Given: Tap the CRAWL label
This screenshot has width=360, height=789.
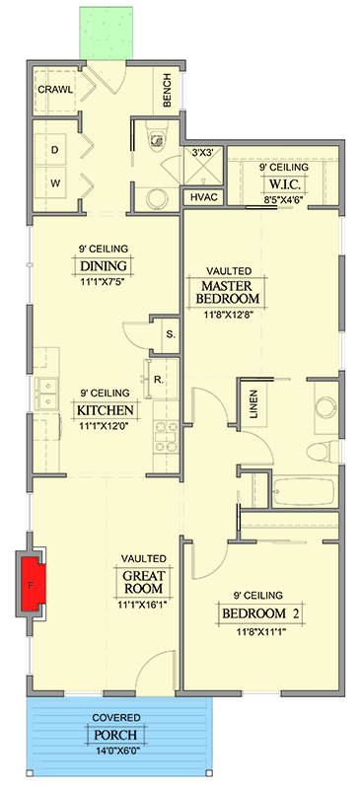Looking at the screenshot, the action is point(55,90).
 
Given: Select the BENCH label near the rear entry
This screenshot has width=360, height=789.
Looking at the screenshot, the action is point(168,91).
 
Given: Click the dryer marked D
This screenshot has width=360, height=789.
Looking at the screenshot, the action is point(54,150).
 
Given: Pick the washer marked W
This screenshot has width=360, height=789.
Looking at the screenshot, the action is point(54,183).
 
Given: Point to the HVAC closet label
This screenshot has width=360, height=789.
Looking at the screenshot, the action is point(203,196).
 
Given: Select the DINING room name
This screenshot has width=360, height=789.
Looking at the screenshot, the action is point(104,265).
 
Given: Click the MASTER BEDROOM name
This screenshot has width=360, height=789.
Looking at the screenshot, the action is point(226,292).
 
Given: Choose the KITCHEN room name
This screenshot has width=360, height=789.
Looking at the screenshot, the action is point(106,409).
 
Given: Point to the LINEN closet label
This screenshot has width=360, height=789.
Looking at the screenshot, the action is point(253,404).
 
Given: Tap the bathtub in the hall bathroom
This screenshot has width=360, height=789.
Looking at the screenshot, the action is point(303,491).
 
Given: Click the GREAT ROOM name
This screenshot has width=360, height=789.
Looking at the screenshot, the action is point(143,581).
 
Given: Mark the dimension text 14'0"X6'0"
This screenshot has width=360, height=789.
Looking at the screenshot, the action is point(116,752).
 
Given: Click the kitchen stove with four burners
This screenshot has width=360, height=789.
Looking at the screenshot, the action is point(166,435).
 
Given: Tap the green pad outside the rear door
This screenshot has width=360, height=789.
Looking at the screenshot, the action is point(107,34).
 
